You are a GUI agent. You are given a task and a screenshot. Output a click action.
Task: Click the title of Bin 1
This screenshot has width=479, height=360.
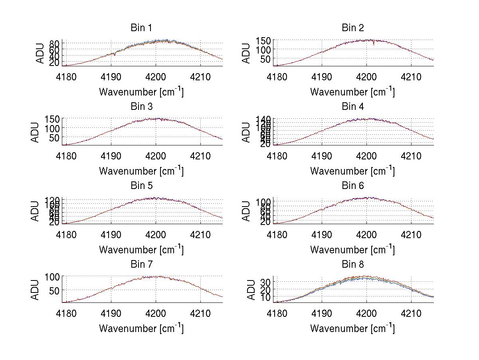[141, 28]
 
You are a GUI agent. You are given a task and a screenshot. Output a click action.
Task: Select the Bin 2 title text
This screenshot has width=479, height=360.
[353, 28]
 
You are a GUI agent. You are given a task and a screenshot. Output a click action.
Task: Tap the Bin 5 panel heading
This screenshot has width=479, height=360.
[141, 186]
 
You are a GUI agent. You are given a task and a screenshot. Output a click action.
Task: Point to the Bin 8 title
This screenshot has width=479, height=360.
[353, 265]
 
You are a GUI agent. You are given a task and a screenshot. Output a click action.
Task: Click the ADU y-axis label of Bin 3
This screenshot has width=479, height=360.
[35, 132]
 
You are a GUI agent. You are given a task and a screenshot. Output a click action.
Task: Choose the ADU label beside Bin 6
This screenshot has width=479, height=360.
[246, 211]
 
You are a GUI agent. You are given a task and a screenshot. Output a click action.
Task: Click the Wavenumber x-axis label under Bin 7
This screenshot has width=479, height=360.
[141, 328]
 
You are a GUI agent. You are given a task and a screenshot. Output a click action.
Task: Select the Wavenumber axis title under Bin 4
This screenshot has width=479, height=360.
[352, 171]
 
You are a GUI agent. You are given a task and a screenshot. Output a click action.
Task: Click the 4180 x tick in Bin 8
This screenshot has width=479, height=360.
[277, 313]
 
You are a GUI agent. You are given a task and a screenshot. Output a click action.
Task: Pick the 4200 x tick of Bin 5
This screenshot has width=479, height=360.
[156, 234]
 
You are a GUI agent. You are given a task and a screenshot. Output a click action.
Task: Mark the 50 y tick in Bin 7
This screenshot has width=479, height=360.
[55, 290]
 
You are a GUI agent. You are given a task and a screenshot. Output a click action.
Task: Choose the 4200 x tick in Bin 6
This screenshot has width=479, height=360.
[367, 234]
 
